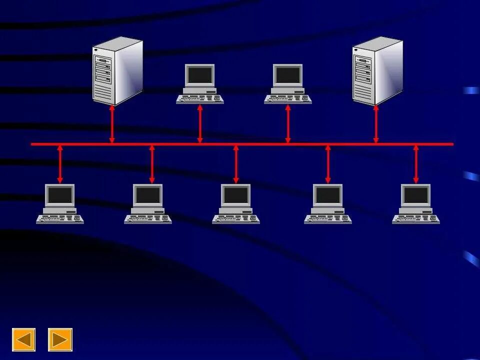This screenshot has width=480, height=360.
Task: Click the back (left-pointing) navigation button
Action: pyautogui.click(x=23, y=339)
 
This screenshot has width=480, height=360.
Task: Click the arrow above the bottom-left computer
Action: pyautogui.click(x=60, y=164)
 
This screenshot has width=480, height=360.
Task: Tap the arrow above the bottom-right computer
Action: pyautogui.click(x=416, y=164)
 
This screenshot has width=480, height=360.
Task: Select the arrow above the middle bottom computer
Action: pyautogui.click(x=236, y=164)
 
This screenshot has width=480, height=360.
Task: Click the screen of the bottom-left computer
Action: pyautogui.click(x=60, y=195)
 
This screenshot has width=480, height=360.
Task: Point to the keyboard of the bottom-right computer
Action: pyautogui.click(x=416, y=219)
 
